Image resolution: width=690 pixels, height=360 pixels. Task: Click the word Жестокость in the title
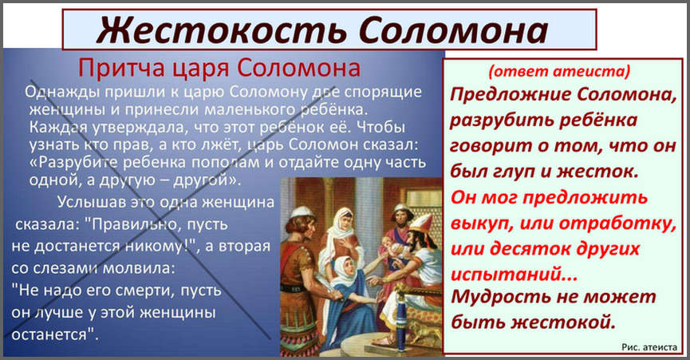223,31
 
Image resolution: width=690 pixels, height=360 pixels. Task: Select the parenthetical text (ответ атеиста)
559,71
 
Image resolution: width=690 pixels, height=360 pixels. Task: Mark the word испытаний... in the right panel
514,275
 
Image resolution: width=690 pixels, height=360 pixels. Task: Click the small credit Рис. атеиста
649,347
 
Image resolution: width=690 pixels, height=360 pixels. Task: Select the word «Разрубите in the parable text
74,162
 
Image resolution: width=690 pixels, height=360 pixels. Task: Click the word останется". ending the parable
55,334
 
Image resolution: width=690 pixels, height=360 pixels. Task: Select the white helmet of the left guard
302,212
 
